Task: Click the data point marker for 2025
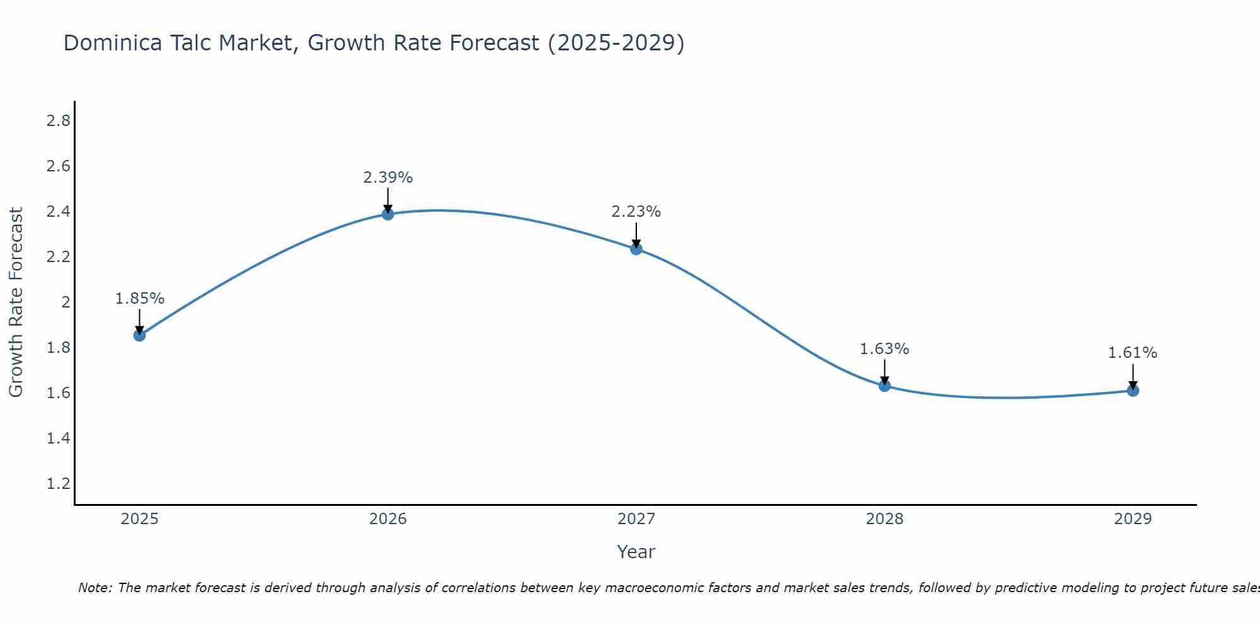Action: click(139, 335)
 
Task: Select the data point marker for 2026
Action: click(388, 214)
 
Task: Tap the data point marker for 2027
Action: click(636, 249)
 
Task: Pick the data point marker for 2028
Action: click(885, 386)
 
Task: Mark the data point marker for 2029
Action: click(1133, 391)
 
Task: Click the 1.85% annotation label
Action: click(139, 299)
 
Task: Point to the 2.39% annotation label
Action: click(388, 178)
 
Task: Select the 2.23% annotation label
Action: click(636, 212)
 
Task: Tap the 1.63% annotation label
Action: click(885, 349)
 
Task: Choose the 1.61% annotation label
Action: click(1133, 353)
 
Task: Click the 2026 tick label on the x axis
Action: click(388, 519)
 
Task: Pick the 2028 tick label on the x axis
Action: click(885, 519)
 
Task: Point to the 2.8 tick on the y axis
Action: click(58, 121)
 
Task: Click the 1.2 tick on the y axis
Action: click(58, 484)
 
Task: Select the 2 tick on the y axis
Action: click(66, 302)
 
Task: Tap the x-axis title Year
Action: click(636, 552)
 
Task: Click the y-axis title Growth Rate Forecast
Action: click(16, 302)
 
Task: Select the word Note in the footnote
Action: click(94, 588)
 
